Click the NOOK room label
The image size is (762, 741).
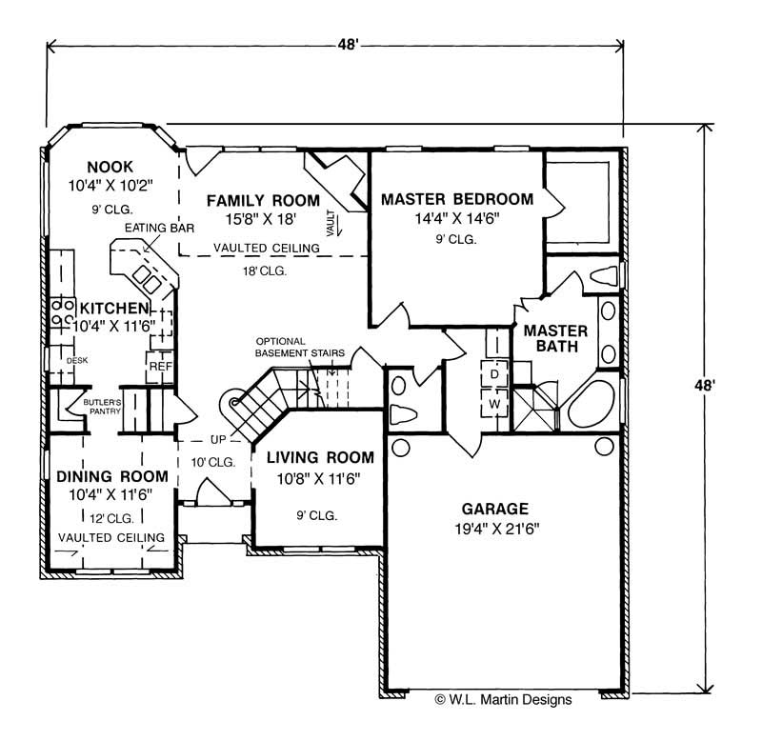click(110, 167)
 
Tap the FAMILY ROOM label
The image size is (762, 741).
click(263, 200)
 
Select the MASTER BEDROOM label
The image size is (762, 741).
click(457, 199)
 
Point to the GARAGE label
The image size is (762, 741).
click(494, 509)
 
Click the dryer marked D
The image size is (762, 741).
click(494, 374)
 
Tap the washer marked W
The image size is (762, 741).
click(494, 403)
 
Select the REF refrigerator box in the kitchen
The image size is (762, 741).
click(160, 367)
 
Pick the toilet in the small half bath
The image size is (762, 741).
click(403, 414)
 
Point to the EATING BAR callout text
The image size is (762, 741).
click(159, 228)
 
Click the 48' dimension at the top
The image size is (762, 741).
click(349, 45)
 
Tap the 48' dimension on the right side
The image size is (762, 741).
click(704, 386)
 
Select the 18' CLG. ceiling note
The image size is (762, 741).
click(265, 271)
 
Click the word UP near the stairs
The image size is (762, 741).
click(218, 439)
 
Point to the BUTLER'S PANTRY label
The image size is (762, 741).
click(102, 407)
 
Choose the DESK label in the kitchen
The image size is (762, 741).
click(77, 361)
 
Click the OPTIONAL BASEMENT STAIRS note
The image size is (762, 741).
click(300, 347)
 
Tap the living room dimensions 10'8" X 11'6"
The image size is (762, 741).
click(318, 479)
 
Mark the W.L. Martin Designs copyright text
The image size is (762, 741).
click(504, 699)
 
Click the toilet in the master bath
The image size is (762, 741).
click(604, 275)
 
